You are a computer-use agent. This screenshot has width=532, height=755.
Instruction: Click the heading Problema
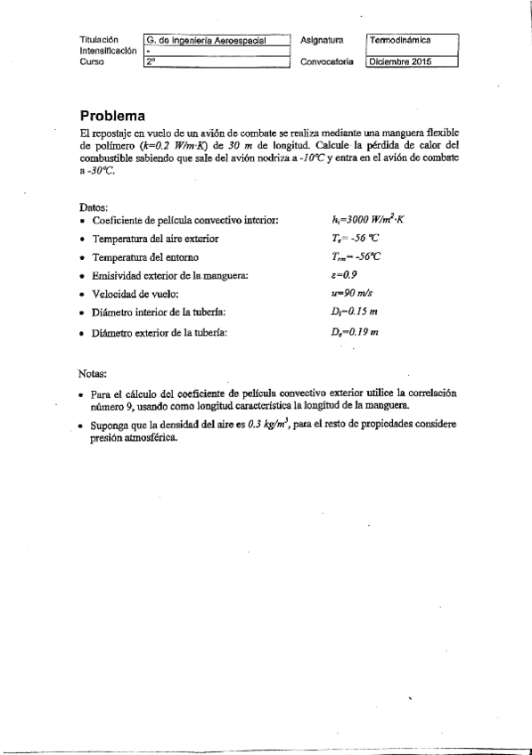click(x=112, y=116)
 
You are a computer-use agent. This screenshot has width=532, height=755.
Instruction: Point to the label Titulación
click(x=98, y=40)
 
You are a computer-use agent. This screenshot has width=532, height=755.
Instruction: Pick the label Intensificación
click(x=108, y=52)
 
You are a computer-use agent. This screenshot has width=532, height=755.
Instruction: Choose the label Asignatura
click(x=323, y=40)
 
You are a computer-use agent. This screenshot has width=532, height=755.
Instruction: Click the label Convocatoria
click(x=327, y=62)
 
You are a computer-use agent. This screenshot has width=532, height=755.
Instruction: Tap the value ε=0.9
click(x=342, y=275)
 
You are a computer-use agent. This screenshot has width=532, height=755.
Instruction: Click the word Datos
click(x=94, y=206)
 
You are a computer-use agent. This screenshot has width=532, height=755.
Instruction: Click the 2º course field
click(x=217, y=62)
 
